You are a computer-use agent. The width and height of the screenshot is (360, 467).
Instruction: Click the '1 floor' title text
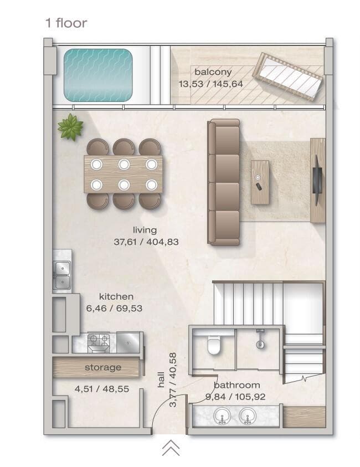[x=66, y=23]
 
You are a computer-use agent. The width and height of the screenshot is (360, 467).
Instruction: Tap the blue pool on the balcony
[x=98, y=75]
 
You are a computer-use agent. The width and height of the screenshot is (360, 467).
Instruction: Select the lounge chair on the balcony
[x=288, y=76]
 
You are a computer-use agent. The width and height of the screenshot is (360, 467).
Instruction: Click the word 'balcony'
[x=213, y=72]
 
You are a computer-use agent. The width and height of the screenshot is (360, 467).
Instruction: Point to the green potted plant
[x=70, y=127]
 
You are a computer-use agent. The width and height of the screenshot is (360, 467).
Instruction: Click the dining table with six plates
[x=124, y=174]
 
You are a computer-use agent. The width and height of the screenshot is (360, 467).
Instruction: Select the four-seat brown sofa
[x=224, y=182]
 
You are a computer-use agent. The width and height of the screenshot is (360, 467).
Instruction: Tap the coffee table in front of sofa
[x=260, y=182]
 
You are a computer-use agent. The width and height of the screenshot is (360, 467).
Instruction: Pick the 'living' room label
[x=145, y=230]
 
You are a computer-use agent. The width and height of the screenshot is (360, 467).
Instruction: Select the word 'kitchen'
[x=116, y=297]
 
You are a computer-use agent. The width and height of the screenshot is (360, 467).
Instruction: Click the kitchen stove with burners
[x=99, y=342]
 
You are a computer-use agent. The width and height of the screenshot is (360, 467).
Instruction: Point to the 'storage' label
[x=103, y=367]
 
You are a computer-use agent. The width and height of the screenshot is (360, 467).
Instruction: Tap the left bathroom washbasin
[x=222, y=415]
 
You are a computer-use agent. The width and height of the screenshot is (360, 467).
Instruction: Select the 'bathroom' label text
[x=236, y=384]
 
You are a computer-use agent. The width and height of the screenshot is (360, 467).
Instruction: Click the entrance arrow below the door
[x=171, y=448]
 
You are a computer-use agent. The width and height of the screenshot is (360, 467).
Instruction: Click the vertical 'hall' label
[x=161, y=379]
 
